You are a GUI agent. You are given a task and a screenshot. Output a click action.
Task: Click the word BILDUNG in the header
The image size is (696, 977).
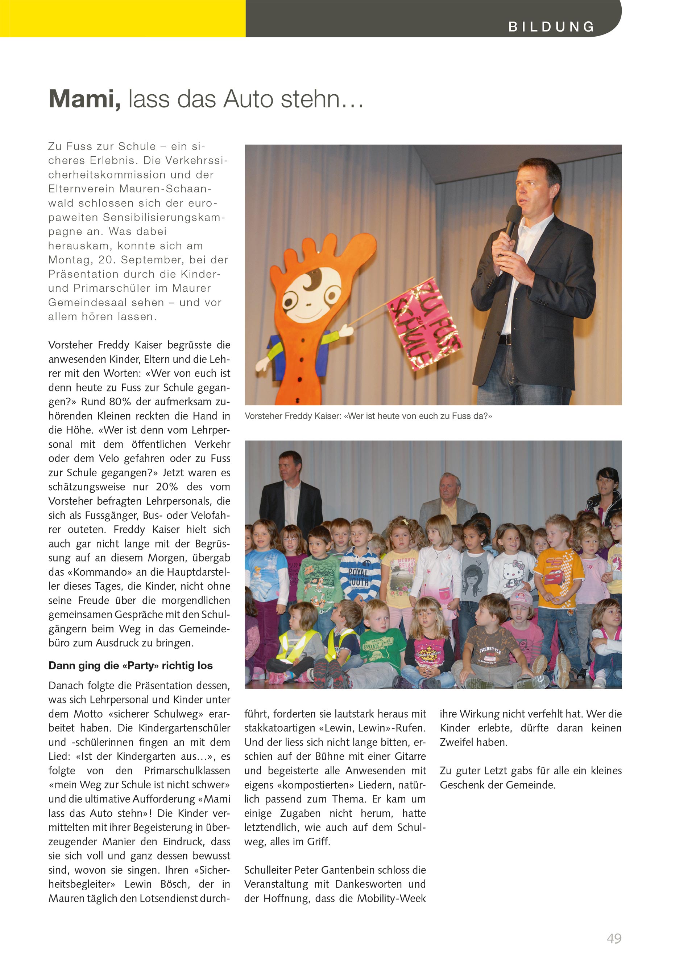point(551,27)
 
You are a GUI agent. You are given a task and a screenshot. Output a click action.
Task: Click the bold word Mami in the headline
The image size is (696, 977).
point(84,99)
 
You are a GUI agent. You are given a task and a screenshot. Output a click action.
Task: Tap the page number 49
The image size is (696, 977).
point(614,939)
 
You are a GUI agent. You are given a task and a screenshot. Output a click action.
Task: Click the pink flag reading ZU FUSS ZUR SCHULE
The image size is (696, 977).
point(424,324)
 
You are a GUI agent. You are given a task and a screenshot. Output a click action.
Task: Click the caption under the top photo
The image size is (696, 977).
point(368,416)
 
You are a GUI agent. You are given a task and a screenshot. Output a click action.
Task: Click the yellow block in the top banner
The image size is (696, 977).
point(123,18)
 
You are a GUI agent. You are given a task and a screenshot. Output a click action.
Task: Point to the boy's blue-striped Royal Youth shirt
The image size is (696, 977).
point(359,574)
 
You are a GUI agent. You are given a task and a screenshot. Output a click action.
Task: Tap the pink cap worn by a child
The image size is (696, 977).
point(520,598)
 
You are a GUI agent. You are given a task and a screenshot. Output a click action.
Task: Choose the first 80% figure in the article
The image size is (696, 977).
point(120,402)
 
